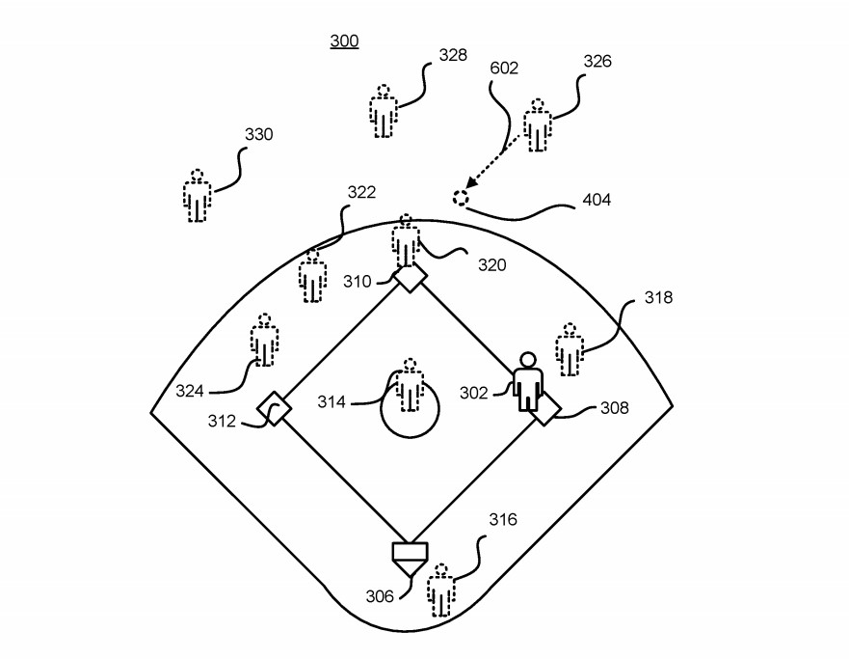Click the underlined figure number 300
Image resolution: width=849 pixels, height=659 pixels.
(x=344, y=41)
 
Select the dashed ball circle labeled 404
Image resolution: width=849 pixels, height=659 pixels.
(x=461, y=197)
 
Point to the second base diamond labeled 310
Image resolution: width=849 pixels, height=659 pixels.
(x=410, y=278)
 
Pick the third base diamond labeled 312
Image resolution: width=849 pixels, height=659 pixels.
(x=275, y=409)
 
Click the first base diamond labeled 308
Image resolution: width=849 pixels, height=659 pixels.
(x=544, y=409)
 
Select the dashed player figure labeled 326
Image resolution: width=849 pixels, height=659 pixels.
(x=537, y=124)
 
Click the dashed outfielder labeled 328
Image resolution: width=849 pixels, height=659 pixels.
(x=384, y=111)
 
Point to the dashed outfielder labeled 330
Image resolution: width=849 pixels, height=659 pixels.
(x=199, y=196)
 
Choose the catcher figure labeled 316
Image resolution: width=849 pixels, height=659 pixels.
(x=441, y=590)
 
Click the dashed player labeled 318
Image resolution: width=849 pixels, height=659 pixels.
(x=570, y=349)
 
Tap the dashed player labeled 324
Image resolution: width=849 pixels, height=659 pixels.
(x=264, y=340)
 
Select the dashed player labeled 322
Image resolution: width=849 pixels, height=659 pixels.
(x=311, y=275)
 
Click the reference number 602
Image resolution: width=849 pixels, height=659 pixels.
(x=504, y=69)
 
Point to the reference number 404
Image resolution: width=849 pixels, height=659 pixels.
(x=597, y=201)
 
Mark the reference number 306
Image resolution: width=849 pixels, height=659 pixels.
(x=380, y=596)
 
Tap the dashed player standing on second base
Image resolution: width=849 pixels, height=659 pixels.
(x=407, y=241)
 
